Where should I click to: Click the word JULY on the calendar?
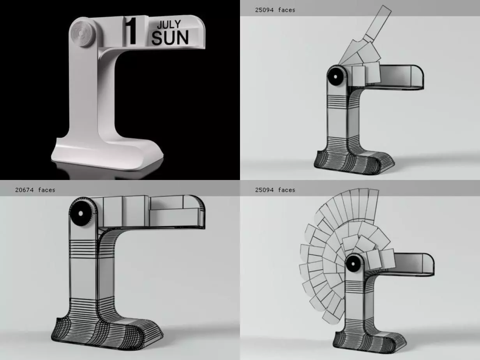tap(168, 25)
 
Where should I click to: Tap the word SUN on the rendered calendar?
tap(170, 38)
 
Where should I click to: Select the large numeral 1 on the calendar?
tap(132, 31)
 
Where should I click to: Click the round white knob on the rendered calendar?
tap(83, 34)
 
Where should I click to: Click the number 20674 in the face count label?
tap(25, 190)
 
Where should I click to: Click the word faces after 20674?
tap(47, 190)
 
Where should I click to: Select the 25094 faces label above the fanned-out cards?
tap(275, 190)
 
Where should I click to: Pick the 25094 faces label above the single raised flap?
tap(275, 10)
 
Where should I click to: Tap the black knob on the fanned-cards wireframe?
tap(353, 264)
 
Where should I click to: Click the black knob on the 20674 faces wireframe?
tap(80, 214)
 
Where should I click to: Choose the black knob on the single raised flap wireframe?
tap(335, 76)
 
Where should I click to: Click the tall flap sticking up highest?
tap(378, 21)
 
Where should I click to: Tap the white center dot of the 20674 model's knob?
tap(80, 214)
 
